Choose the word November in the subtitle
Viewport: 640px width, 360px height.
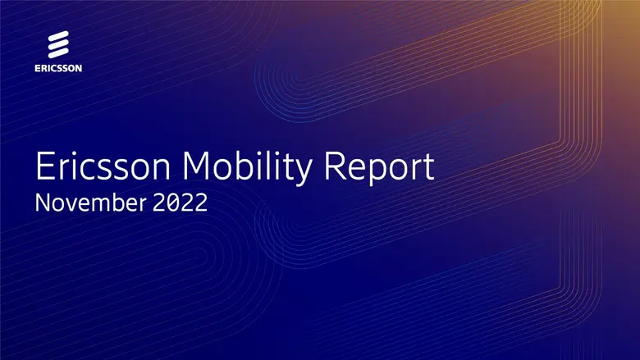click(x=89, y=203)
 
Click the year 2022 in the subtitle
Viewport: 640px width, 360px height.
click(x=178, y=203)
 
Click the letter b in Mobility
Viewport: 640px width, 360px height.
click(x=245, y=166)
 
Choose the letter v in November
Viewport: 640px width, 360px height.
click(x=71, y=204)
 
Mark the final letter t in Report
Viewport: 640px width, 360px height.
click(x=427, y=168)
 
